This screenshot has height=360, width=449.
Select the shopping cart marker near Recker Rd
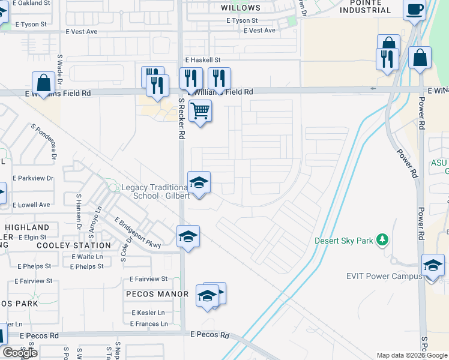coord(200,111)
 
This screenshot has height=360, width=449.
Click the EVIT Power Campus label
coord(381,277)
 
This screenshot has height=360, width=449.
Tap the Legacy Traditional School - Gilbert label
coord(155,191)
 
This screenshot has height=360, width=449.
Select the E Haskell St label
coord(203,60)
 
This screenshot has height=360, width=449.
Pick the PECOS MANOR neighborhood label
coord(157,294)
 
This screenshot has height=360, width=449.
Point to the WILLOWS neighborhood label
coord(241,8)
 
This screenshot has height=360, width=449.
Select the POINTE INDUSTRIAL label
coord(365,7)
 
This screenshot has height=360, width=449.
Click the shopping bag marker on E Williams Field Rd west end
coord(44,83)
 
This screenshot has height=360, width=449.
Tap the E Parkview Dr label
coord(32,178)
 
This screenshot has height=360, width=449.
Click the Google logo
coord(20,353)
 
